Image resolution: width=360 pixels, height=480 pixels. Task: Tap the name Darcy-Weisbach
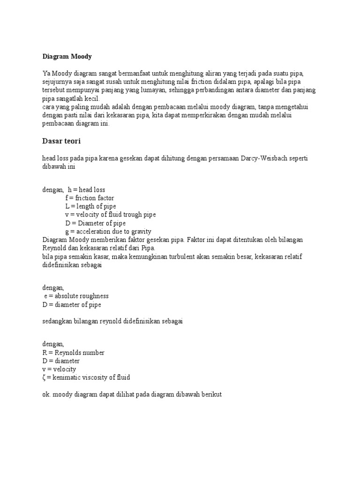pos(268,159)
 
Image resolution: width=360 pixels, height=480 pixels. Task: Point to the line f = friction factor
pos(90,198)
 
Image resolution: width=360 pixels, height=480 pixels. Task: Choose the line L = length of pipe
pos(90,206)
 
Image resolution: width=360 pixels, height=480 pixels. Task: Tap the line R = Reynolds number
pos(73,352)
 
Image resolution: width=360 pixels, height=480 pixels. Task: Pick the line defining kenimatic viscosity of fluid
pos(86,377)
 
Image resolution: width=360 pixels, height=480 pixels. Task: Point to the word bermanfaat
pos(136,74)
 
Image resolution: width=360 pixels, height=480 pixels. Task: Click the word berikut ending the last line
pos(211,395)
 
